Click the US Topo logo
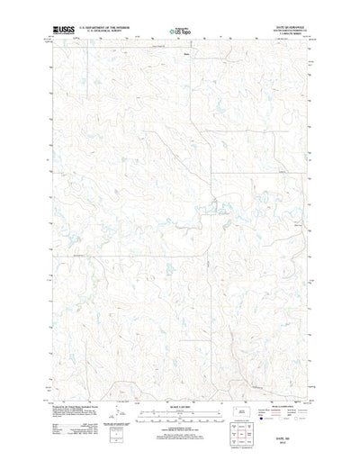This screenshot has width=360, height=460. [x=181, y=32]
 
